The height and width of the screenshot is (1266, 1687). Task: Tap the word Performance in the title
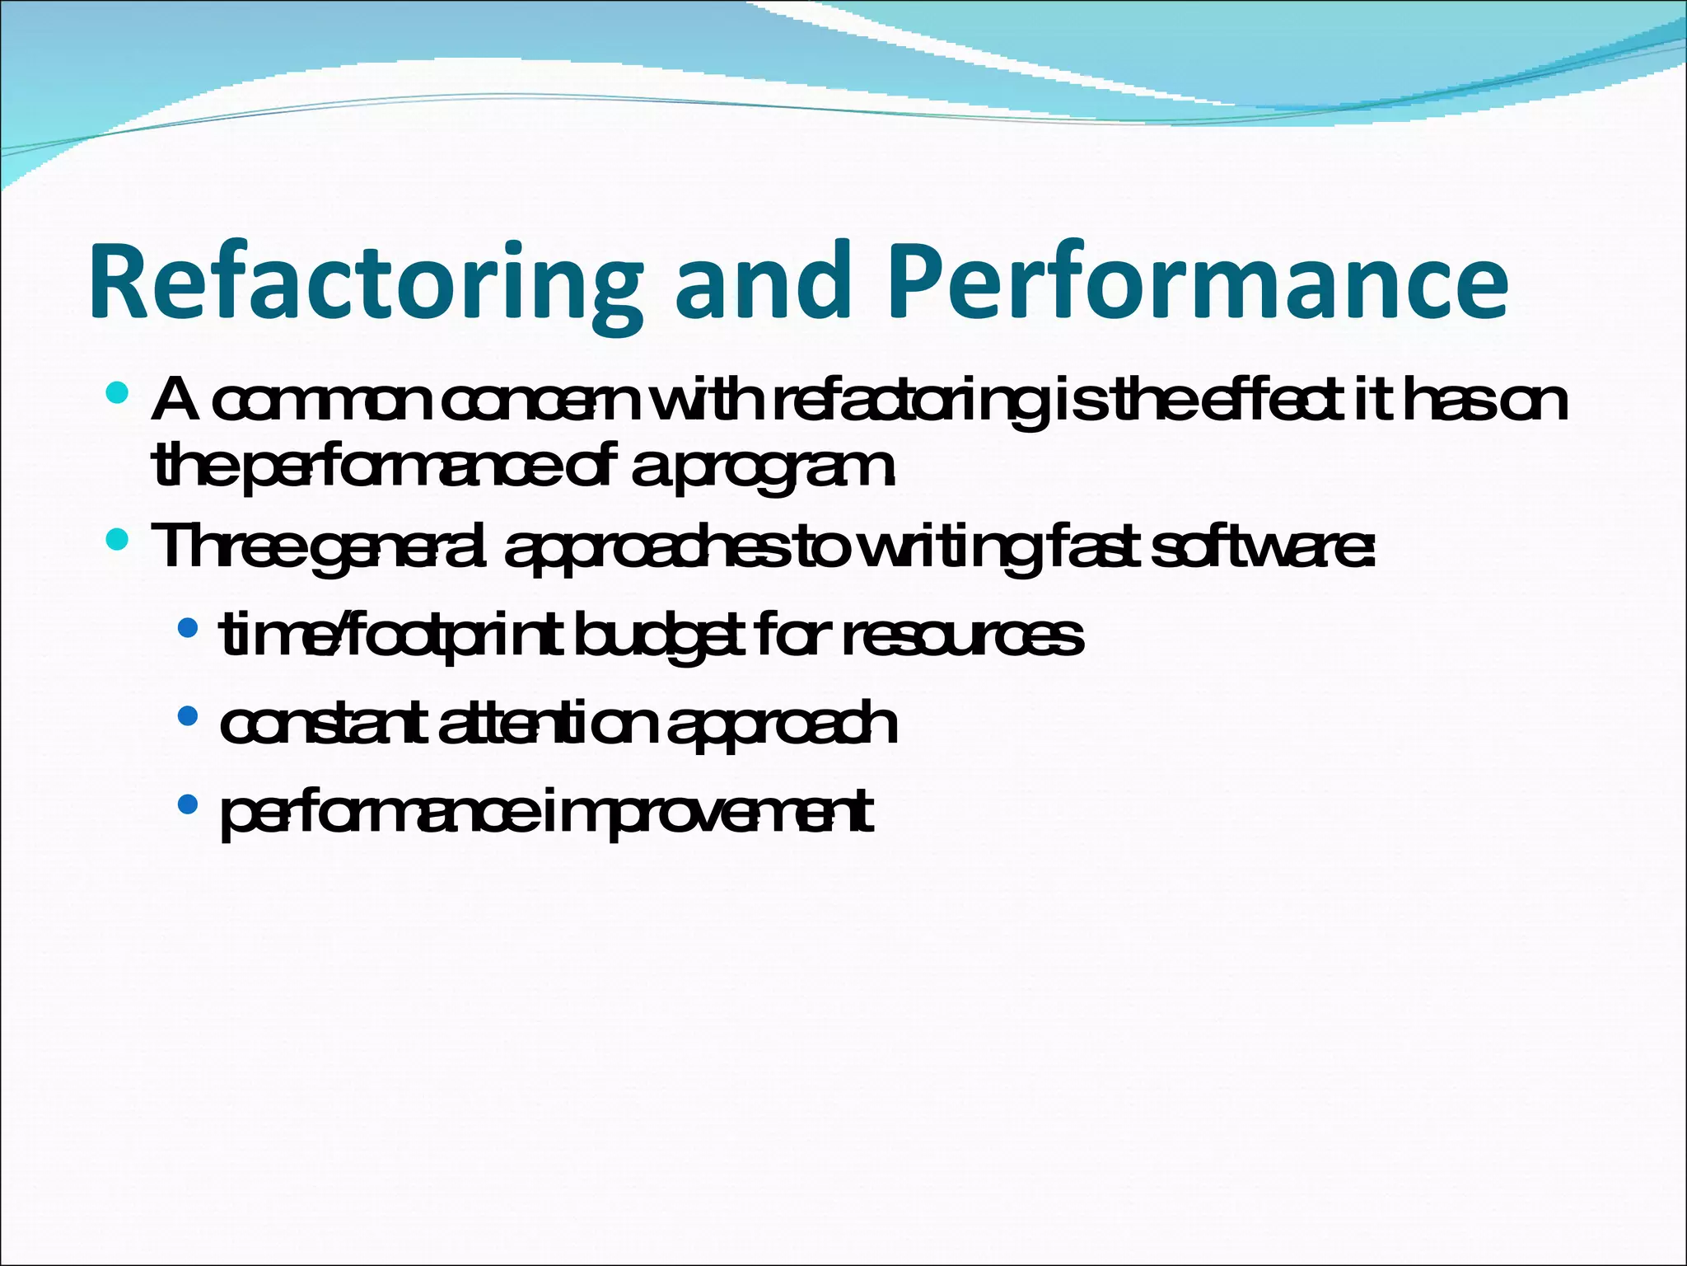pyautogui.click(x=1199, y=283)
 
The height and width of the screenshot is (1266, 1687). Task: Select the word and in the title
pyautogui.click(x=762, y=283)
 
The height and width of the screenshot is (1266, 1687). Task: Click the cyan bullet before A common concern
pyautogui.click(x=118, y=393)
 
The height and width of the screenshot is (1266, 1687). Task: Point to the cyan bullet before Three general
pyautogui.click(x=118, y=540)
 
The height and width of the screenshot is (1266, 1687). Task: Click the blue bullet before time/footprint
pyautogui.click(x=188, y=629)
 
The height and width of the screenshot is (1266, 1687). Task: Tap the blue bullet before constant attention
pyautogui.click(x=188, y=716)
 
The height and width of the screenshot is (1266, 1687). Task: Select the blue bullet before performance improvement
pyautogui.click(x=188, y=804)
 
